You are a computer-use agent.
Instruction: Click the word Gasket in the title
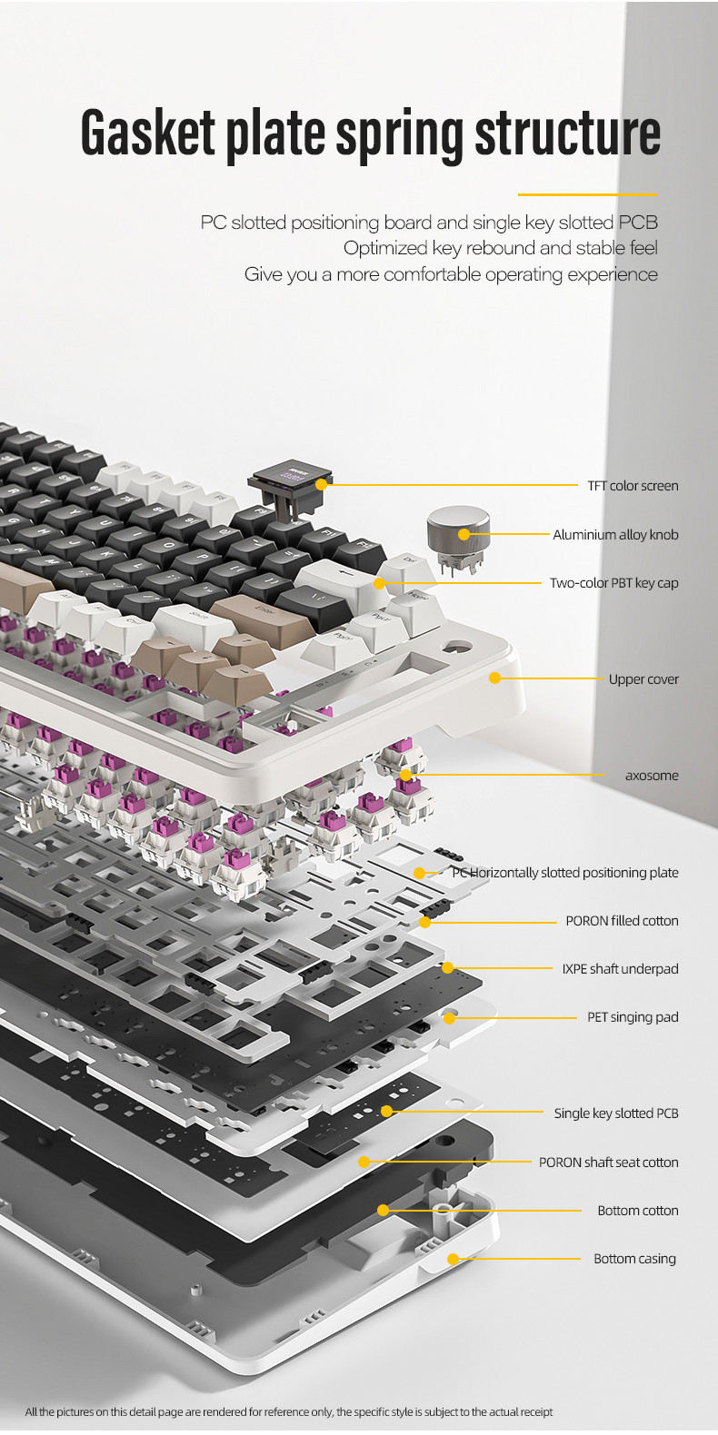148,133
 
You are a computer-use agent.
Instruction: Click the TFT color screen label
633,486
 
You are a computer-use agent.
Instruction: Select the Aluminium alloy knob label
615,534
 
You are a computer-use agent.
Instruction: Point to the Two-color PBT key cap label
613,583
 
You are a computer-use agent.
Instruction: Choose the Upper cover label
643,679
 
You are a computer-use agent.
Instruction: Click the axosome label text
652,775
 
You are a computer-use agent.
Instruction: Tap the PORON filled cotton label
622,921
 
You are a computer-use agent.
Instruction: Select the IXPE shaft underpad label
620,968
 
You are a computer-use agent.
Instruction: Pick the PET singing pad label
633,1016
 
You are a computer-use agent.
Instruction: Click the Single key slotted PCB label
616,1113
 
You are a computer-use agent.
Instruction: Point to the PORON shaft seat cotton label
608,1163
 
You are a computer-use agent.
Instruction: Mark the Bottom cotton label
638,1210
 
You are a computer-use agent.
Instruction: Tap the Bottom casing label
634,1259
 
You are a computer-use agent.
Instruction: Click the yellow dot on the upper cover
495,678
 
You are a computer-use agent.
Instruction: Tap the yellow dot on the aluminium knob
464,534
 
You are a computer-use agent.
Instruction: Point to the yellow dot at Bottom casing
454,1259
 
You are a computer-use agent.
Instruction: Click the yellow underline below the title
588,194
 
